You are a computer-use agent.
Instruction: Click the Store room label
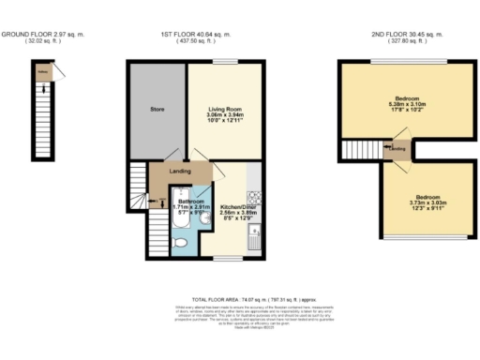(157, 109)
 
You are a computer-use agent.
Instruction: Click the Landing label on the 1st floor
(181, 171)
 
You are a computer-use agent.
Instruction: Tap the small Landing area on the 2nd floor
(397, 149)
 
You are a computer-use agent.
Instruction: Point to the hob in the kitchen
(252, 198)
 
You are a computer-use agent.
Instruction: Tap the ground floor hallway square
(42, 69)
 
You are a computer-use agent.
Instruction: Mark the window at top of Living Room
(225, 62)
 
